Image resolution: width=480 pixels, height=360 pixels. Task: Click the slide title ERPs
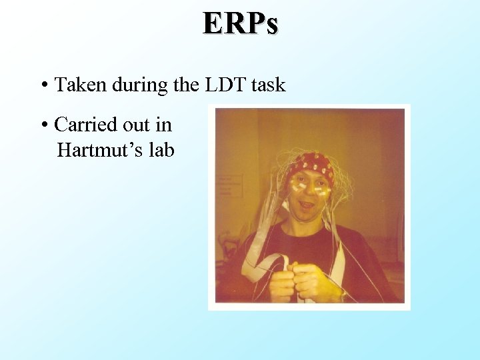pos(241,23)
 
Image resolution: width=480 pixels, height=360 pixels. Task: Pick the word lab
pos(162,151)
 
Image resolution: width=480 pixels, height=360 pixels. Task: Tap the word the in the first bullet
pos(188,85)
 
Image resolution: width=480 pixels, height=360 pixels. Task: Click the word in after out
pos(164,125)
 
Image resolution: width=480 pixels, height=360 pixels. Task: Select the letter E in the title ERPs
pos(215,23)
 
